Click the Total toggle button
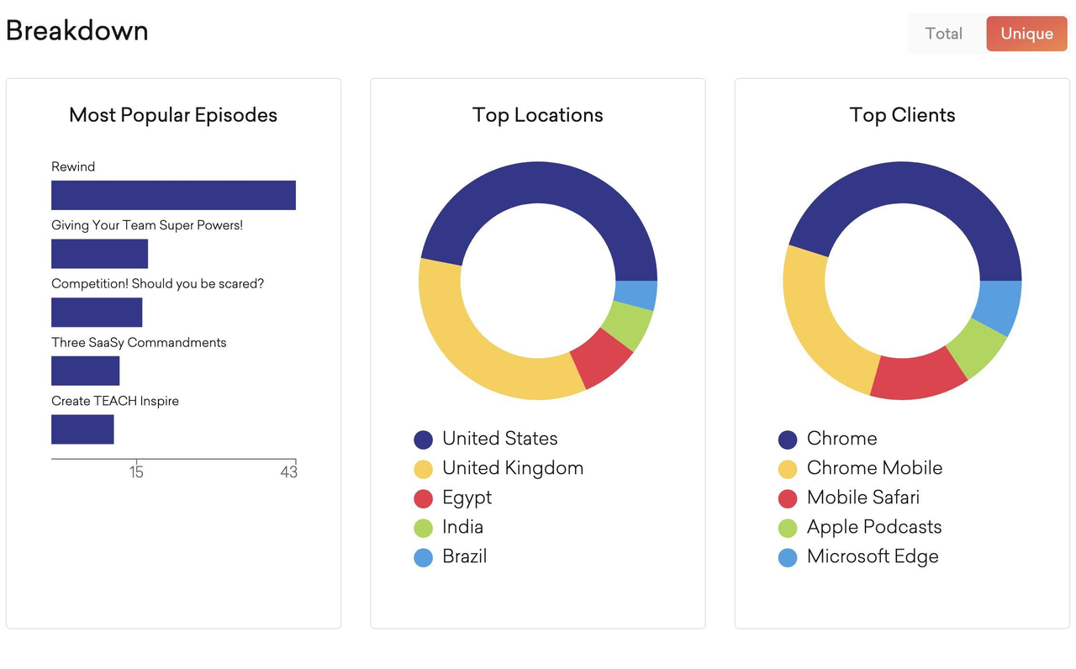(x=943, y=34)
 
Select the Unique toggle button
(x=1026, y=34)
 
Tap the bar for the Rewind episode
(x=173, y=195)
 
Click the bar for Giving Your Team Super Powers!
(x=99, y=254)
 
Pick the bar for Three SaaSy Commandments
(x=85, y=371)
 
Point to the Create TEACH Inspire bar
(x=82, y=429)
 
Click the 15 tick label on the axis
(x=136, y=472)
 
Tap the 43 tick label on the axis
(x=288, y=472)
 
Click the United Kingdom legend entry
(x=512, y=468)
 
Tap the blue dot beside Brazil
(x=424, y=557)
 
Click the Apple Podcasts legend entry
(x=873, y=527)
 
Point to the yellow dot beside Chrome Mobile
(x=788, y=469)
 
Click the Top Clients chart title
(x=902, y=115)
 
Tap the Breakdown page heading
(x=77, y=31)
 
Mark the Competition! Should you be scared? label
(x=157, y=284)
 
